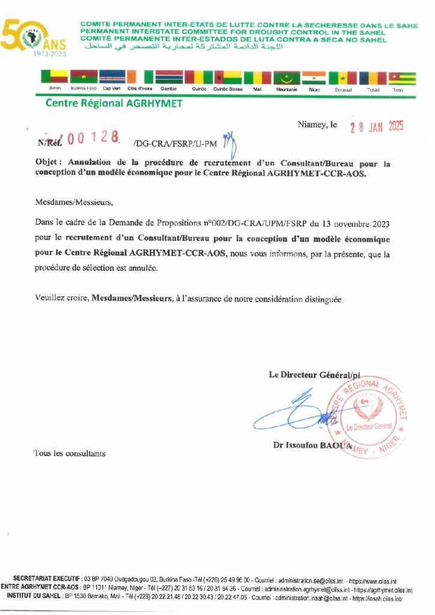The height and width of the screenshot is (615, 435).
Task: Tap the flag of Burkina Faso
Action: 84,77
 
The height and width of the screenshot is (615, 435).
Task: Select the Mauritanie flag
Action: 287,78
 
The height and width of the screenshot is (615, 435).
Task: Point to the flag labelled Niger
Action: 314,78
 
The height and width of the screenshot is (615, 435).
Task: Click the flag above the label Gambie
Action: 169,77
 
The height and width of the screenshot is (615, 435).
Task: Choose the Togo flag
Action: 402,78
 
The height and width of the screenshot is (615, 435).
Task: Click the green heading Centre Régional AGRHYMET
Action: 114,103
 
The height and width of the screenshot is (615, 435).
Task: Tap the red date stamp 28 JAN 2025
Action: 377,126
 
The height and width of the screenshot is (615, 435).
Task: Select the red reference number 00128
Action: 88,139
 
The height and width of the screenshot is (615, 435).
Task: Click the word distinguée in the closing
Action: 324,298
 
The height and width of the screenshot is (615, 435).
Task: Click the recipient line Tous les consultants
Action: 69,453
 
